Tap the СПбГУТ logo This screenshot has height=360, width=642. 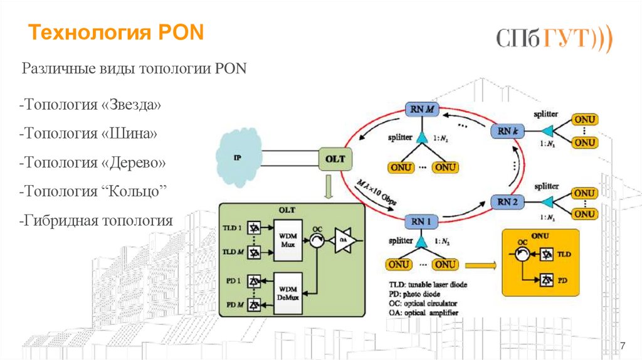click(554, 39)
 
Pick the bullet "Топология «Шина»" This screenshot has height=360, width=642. click(88, 134)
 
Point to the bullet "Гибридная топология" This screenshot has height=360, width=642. click(96, 220)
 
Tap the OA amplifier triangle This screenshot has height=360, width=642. click(343, 240)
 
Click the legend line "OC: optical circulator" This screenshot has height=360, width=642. click(423, 303)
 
